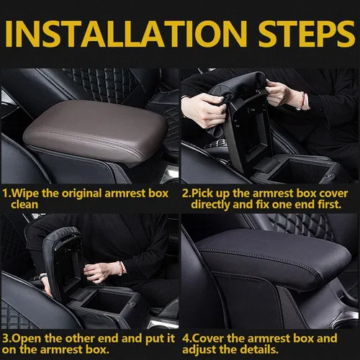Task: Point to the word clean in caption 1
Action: [x=27, y=204]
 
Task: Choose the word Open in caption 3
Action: [x=28, y=337]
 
